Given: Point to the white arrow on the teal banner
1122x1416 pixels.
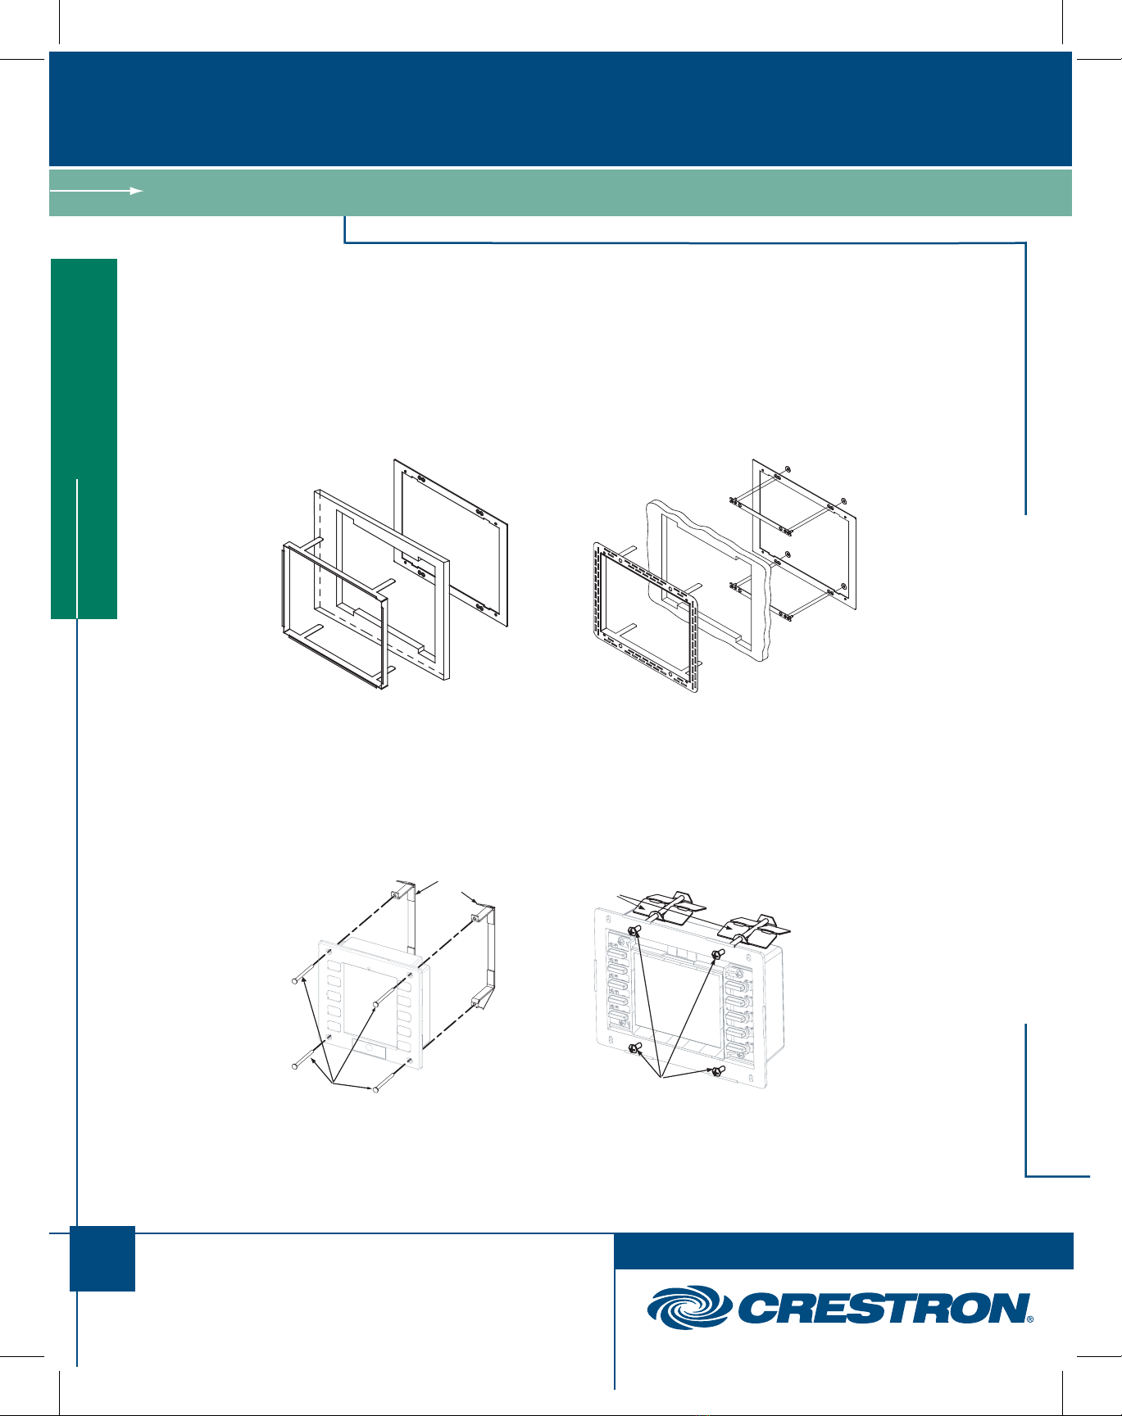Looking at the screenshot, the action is coord(97,190).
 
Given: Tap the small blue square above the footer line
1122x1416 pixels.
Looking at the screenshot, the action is coord(102,1259).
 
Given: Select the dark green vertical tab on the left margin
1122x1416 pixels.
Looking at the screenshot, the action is coord(84,439).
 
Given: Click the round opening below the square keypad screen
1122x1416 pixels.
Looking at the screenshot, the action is coord(370,1048).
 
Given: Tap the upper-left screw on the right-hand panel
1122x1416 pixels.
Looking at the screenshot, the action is coord(634,931).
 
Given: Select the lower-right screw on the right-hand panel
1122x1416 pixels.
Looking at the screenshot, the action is coord(717,1071).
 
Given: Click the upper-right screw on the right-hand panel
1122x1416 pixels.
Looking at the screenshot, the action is coord(717,954).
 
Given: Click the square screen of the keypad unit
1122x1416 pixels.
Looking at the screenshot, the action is coord(370,997).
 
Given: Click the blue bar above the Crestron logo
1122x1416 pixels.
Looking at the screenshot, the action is coord(843,1251).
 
